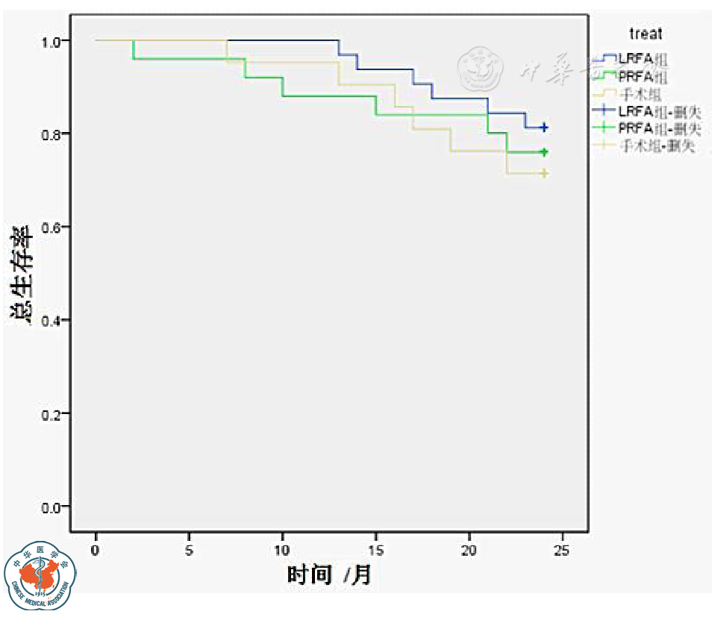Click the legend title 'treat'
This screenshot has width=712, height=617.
tap(645, 34)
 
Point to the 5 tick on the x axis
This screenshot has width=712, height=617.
tap(189, 550)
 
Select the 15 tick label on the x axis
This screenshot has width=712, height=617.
tap(375, 550)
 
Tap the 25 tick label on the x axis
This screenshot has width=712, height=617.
tap(562, 550)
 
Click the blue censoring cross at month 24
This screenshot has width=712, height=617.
tap(544, 128)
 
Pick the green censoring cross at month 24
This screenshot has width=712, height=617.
tap(544, 152)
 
